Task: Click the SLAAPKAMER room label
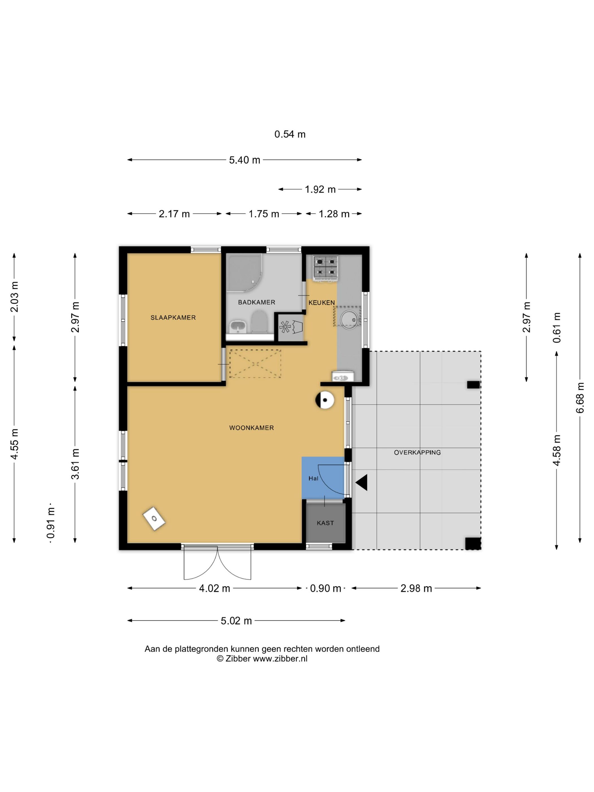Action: click(173, 318)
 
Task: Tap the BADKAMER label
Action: click(256, 302)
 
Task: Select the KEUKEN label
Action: click(322, 303)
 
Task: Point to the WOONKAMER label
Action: click(251, 427)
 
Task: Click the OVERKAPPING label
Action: click(417, 452)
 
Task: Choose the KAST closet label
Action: click(325, 523)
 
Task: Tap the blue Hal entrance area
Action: click(323, 477)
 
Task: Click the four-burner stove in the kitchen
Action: click(326, 268)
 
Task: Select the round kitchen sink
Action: click(349, 318)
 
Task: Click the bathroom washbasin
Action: click(237, 326)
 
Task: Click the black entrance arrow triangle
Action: click(361, 482)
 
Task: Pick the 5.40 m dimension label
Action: click(245, 160)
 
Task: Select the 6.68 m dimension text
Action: click(580, 397)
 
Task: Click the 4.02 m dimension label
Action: click(214, 588)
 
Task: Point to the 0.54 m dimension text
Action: click(290, 134)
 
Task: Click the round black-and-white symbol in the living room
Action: click(325, 400)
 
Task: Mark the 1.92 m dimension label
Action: click(320, 190)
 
